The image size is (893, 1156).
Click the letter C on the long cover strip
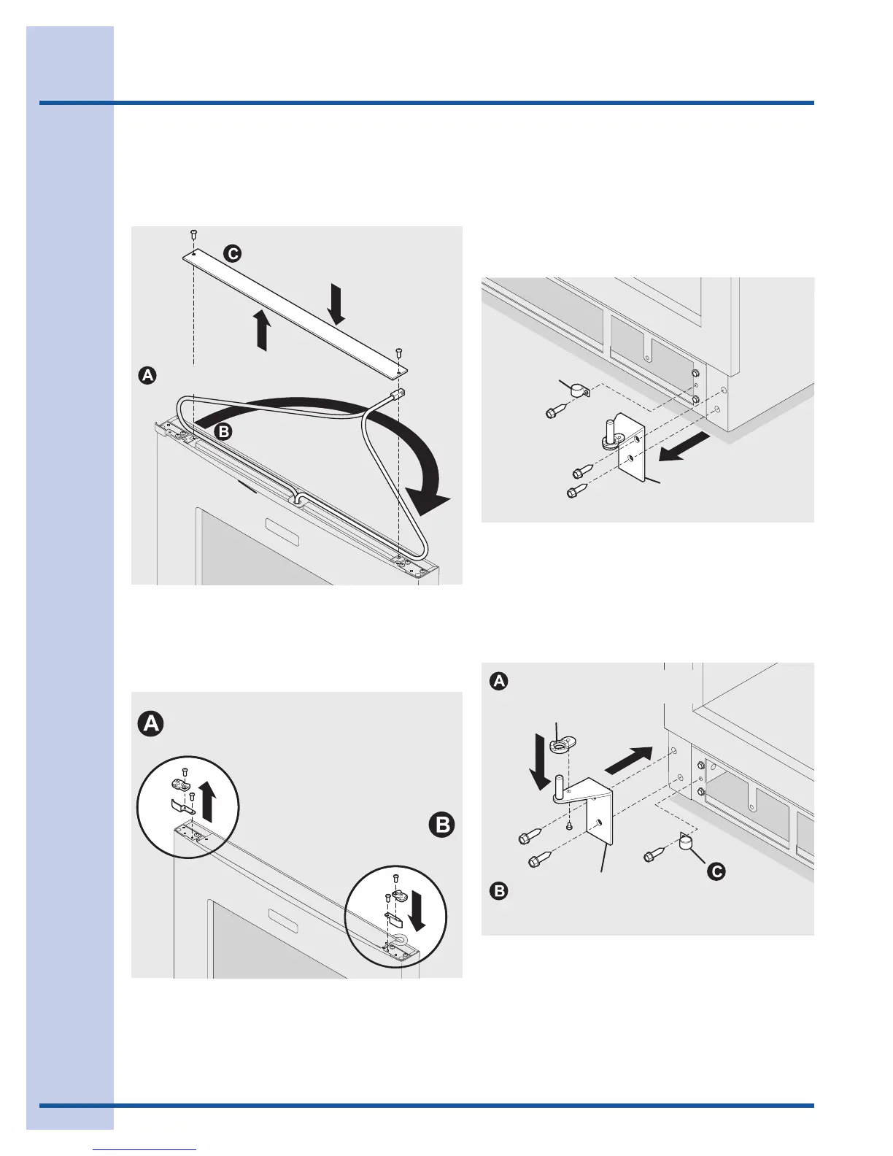tap(233, 254)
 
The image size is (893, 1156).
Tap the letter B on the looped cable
tap(224, 431)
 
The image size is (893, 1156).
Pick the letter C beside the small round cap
tap(717, 871)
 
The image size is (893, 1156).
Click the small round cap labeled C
tap(687, 843)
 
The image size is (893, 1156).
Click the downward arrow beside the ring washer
tap(541, 763)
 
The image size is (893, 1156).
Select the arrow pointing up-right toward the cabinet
tap(629, 759)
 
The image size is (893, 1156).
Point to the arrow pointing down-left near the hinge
tap(683, 446)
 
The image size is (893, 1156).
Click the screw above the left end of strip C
tap(193, 234)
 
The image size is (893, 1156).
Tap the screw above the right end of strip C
tap(399, 353)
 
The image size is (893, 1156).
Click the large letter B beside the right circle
tap(441, 825)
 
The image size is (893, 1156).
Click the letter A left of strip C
tap(147, 376)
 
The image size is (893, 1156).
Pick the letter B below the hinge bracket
tap(499, 891)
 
